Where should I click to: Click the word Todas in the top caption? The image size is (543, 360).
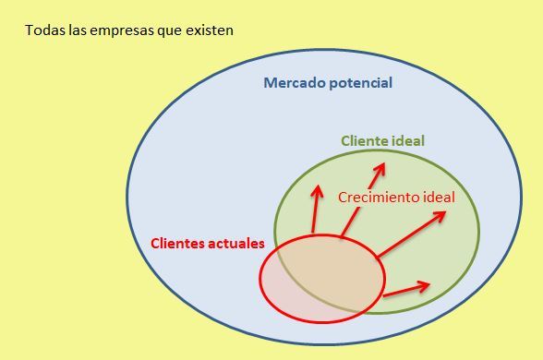point(43,30)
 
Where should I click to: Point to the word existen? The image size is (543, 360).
point(209,30)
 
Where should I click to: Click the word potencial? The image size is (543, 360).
point(358,83)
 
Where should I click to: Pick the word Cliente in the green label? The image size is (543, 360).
point(367,141)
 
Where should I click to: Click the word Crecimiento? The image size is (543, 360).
point(380,198)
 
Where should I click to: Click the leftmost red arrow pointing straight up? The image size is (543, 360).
point(316,209)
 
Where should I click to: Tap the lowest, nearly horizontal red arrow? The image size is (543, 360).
point(405,289)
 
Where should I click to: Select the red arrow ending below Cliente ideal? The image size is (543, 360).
point(363,199)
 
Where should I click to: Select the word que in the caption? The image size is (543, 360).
point(166,30)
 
